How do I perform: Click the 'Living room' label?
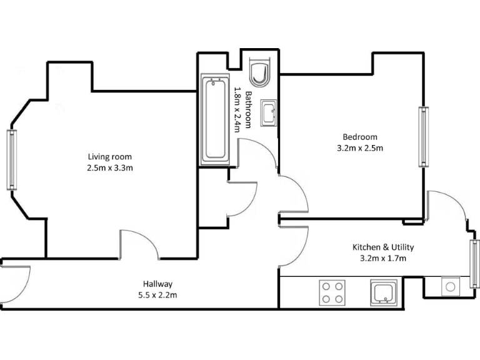tap(109, 156)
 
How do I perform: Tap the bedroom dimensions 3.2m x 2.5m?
tap(359, 148)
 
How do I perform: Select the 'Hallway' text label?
tap(157, 283)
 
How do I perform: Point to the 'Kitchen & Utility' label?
tap(384, 247)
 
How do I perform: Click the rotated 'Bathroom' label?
tap(248, 110)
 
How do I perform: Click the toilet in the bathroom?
tap(258, 72)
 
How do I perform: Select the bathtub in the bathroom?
tap(214, 120)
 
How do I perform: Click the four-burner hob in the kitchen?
tap(332, 292)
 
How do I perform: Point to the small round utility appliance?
tap(450, 287)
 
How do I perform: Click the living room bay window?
tap(11, 159)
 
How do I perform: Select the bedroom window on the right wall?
tap(424, 136)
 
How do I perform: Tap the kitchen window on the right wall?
tap(475, 263)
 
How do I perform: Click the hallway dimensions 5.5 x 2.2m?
tap(157, 294)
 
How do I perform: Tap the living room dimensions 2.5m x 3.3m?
tap(109, 167)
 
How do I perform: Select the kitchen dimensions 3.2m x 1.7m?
tap(384, 258)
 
